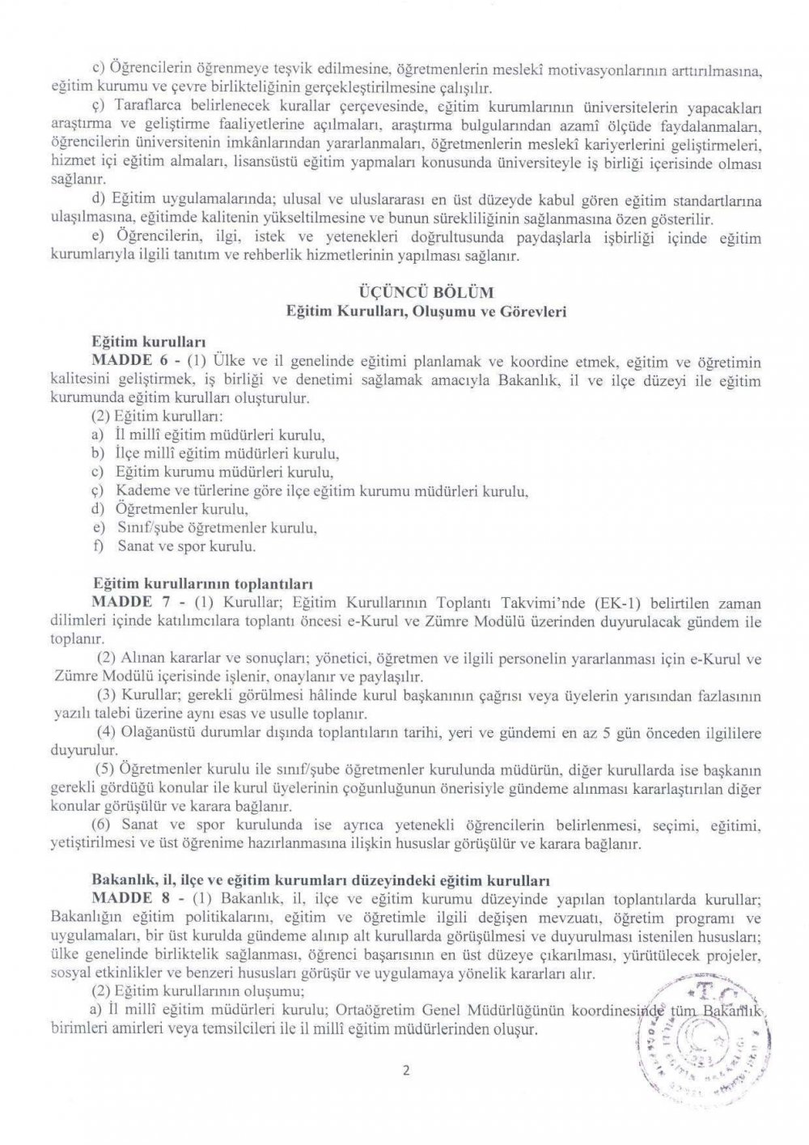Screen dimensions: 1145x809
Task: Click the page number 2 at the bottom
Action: (406, 1072)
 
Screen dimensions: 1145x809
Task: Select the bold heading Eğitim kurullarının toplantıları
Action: (203, 583)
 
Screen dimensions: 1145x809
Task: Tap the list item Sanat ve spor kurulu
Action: (186, 547)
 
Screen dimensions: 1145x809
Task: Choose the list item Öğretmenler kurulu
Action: (180, 510)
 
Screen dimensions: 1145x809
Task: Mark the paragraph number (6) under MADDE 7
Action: (105, 825)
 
